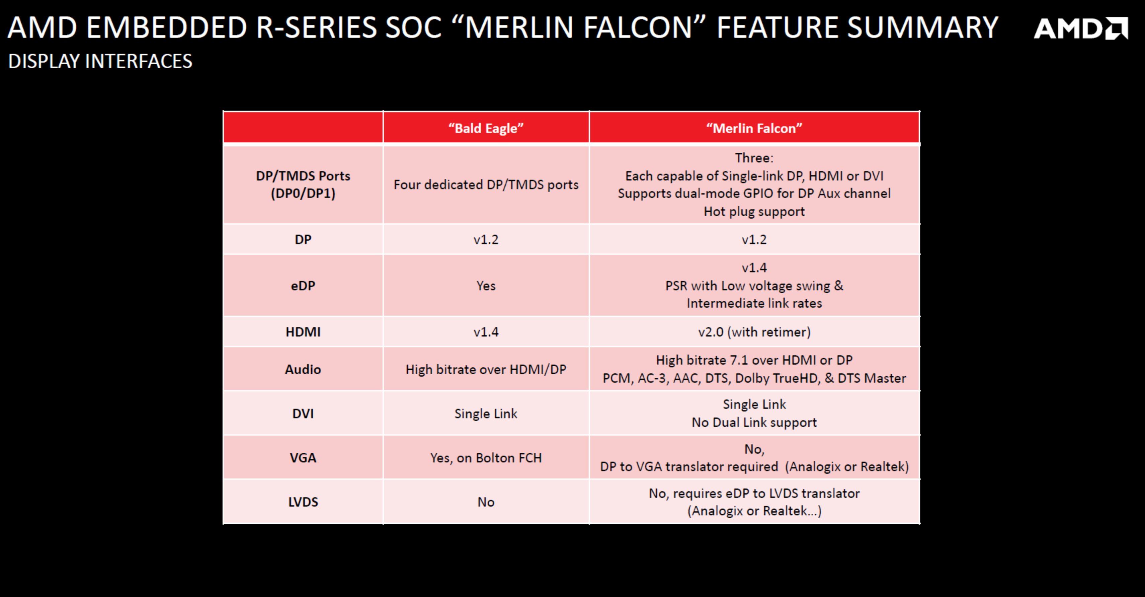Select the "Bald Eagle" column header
pyautogui.click(x=486, y=128)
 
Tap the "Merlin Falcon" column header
pyautogui.click(x=754, y=128)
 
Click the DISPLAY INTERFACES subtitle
pyautogui.click(x=100, y=61)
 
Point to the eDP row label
pyautogui.click(x=303, y=285)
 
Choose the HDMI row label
pyautogui.click(x=303, y=331)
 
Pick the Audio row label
pyautogui.click(x=303, y=369)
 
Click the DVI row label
pyautogui.click(x=303, y=414)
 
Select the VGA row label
pyautogui.click(x=303, y=457)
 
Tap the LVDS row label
pyautogui.click(x=303, y=502)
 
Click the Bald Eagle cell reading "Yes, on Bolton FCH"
pyautogui.click(x=486, y=458)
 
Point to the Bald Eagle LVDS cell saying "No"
pyautogui.click(x=486, y=502)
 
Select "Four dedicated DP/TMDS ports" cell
pyautogui.click(x=486, y=184)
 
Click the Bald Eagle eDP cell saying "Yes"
pyautogui.click(x=486, y=285)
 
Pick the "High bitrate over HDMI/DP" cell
pyautogui.click(x=486, y=369)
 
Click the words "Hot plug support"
pyautogui.click(x=754, y=212)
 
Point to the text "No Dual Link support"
pyautogui.click(x=754, y=422)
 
